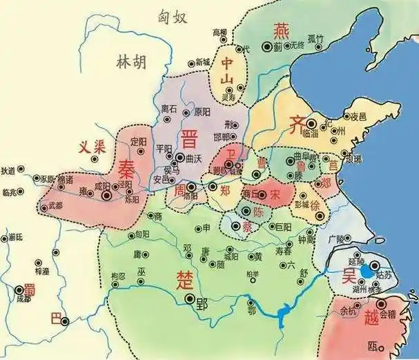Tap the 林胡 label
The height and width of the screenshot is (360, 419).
tap(130, 62)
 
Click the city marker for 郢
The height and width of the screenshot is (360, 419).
tap(191, 299)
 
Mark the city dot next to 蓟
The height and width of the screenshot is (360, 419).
tap(266, 46)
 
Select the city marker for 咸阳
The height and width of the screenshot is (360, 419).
tap(107, 196)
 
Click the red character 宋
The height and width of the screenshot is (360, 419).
tap(274, 193)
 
